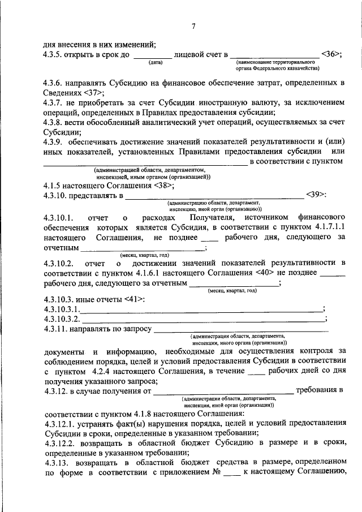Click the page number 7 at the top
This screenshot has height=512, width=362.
(x=193, y=25)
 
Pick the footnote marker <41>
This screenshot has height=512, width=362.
(x=133, y=299)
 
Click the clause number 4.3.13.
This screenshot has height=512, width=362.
(x=55, y=462)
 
